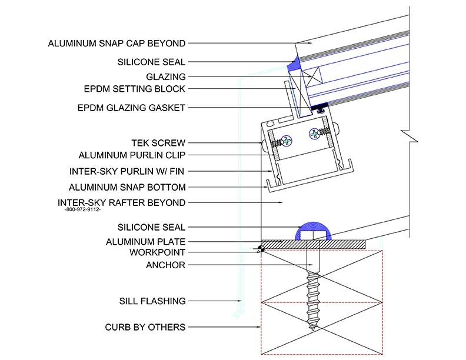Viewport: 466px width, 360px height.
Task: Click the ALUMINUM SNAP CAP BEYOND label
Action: [x=117, y=43]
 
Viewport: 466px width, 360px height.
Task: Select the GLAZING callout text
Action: [x=165, y=76]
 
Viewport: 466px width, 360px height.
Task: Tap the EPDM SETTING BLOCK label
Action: [x=134, y=89]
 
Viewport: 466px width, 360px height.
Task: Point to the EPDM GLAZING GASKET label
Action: [x=132, y=108]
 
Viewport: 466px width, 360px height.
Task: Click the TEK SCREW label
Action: [x=158, y=143]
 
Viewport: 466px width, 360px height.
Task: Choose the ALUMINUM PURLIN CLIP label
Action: [x=132, y=156]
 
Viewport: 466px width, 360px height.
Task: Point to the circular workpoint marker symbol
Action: [x=259, y=249]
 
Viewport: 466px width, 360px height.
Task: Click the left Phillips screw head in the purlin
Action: [x=287, y=141]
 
